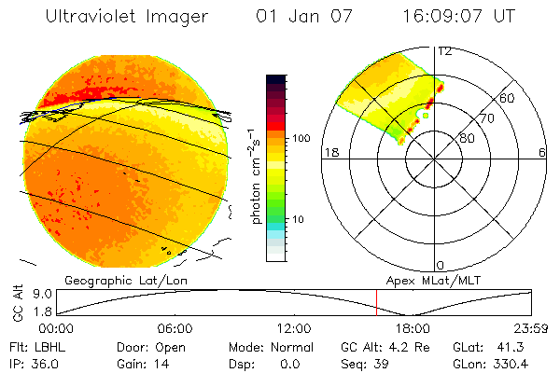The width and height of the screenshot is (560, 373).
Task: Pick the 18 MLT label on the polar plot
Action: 329,152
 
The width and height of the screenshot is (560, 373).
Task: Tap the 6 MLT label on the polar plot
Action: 541,152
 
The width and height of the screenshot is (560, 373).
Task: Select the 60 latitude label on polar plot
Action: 508,98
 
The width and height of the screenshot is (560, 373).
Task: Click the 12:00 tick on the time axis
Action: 294,328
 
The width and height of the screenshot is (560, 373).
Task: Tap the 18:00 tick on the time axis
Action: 413,328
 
